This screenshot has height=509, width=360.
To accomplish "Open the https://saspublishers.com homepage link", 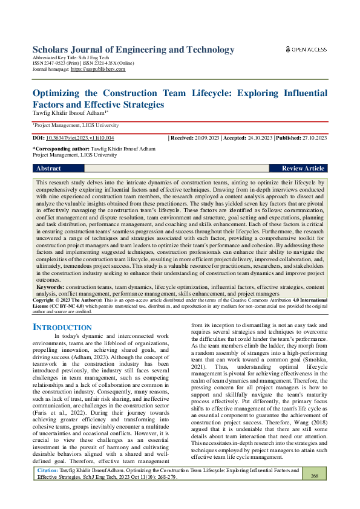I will (x=98, y=70).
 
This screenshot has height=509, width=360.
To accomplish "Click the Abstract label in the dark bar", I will (x=49, y=169).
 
